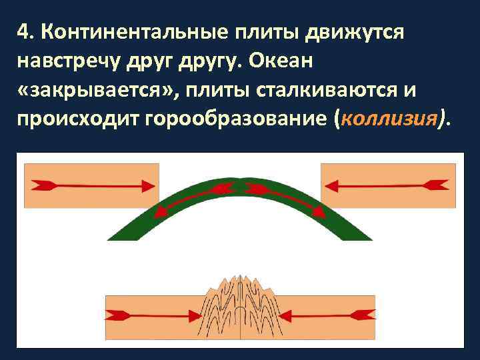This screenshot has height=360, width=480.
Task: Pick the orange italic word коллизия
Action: (391, 119)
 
